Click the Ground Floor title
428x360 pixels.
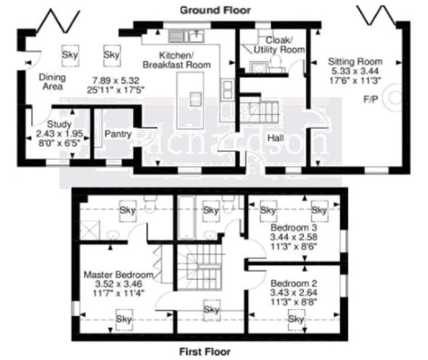point(215,10)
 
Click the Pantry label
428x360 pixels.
point(118,134)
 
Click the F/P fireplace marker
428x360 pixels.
point(370,99)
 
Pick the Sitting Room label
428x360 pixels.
point(355,61)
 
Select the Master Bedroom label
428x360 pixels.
point(118,275)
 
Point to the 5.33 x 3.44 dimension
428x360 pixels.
point(355,71)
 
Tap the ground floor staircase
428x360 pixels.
point(258,110)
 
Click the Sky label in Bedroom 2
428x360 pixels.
point(297,319)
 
